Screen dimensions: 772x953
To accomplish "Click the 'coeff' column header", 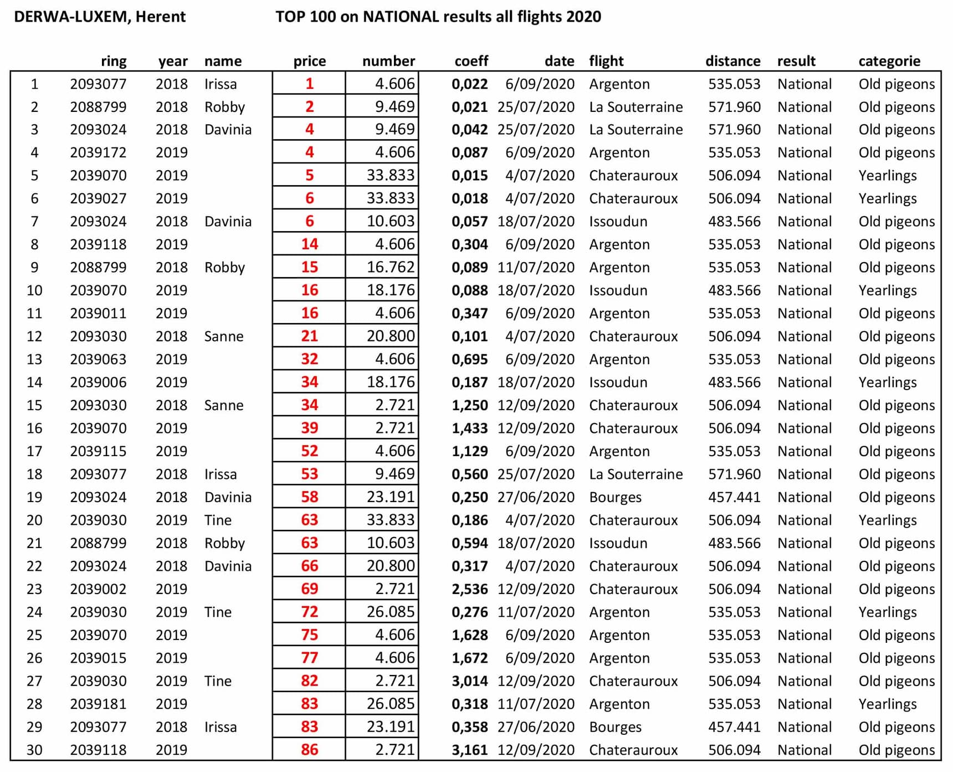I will (471, 61).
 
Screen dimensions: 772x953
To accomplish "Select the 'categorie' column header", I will (889, 61).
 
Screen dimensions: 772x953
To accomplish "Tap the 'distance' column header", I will (732, 61).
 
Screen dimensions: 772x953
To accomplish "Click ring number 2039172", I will (98, 152).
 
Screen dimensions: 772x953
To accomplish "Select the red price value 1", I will (309, 84).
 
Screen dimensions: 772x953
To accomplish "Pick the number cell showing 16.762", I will (390, 267).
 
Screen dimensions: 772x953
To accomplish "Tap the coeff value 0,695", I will (469, 359).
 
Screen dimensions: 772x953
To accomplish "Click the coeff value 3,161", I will (469, 750).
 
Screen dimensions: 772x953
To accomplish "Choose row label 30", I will (34, 750).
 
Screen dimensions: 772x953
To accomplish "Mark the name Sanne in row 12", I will (224, 336).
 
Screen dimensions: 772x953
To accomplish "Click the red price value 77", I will (309, 658).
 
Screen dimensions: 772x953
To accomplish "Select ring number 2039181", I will (98, 704).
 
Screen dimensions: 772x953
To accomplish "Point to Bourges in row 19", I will (615, 497).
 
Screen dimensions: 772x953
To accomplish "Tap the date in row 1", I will (540, 84).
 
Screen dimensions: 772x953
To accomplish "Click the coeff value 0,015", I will (469, 176).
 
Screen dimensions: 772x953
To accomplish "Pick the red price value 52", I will (309, 451).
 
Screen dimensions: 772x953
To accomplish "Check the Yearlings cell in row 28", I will (888, 704).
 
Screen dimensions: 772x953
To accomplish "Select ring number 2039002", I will (98, 589).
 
